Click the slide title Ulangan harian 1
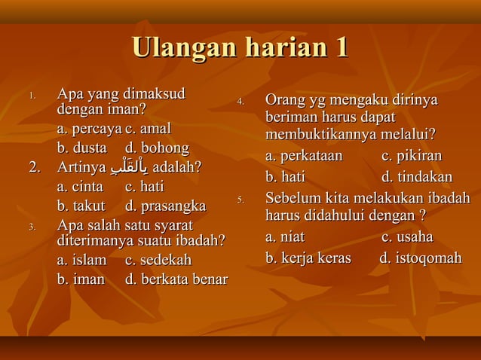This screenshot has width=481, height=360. click(x=240, y=49)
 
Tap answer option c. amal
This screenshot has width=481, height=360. click(x=149, y=129)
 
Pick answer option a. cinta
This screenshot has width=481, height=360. click(x=80, y=186)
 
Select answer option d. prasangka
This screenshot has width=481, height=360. click(x=165, y=206)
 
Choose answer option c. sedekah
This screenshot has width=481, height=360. click(x=158, y=260)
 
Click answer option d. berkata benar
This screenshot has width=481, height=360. click(x=176, y=279)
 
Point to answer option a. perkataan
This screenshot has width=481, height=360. click(x=304, y=157)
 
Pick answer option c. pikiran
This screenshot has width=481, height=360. click(x=412, y=157)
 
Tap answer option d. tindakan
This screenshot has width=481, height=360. click(x=417, y=178)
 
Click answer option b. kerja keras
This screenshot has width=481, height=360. click(x=308, y=258)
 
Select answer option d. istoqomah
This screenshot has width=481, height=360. click(x=420, y=258)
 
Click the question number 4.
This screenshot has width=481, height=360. click(x=240, y=102)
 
